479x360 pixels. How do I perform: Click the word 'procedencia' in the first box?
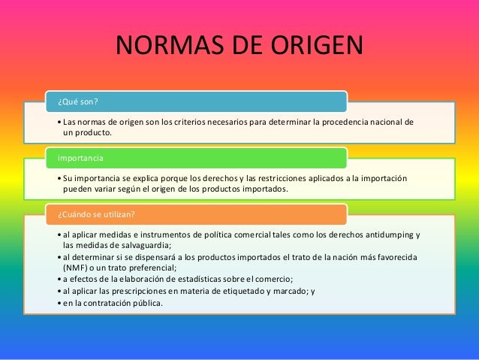click(348, 122)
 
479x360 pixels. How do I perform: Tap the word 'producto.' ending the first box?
click(93, 133)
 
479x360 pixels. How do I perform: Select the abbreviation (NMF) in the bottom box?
click(75, 268)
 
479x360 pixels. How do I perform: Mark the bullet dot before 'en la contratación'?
click(59, 304)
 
